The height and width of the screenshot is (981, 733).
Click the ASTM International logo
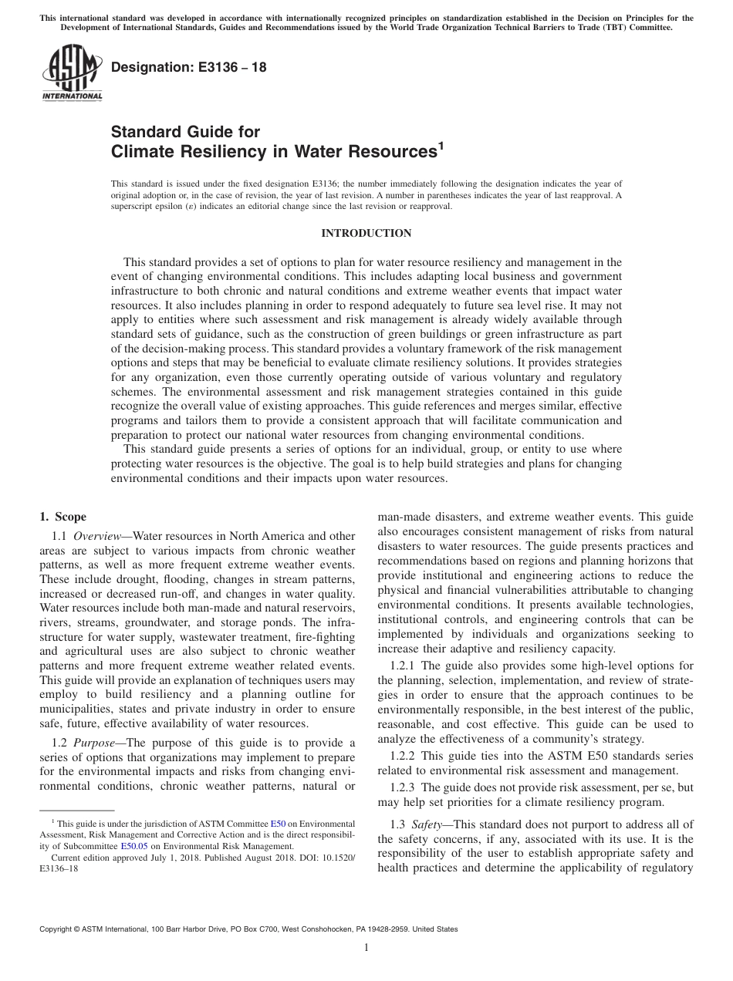tap(71, 74)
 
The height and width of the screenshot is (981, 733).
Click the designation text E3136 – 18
tap(189, 68)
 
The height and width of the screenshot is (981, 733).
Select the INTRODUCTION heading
tap(366, 233)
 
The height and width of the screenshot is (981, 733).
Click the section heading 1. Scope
tap(63, 517)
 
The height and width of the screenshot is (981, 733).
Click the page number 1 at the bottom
tap(366, 948)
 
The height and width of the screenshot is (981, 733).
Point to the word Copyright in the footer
tap(56, 929)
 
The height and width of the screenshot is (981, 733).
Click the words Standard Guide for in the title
tap(186, 131)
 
